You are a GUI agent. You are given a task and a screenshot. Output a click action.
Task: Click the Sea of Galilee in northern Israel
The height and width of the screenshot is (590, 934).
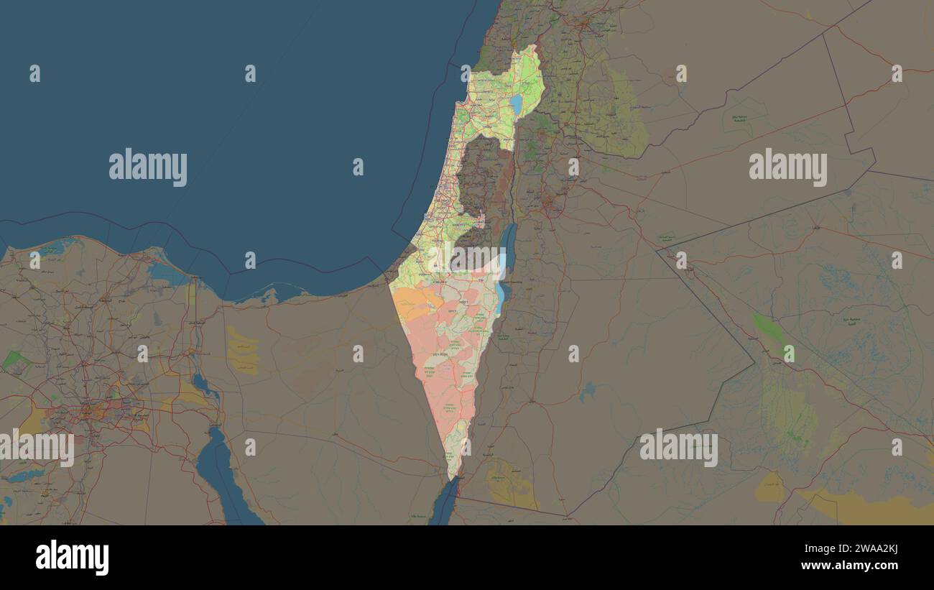[516, 105]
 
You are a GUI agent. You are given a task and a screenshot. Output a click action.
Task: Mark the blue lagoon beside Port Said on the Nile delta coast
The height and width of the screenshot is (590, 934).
[167, 273]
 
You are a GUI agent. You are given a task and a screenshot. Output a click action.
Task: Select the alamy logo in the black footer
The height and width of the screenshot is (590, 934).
[72, 557]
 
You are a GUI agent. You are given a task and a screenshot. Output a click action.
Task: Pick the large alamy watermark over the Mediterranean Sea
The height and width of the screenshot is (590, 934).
[148, 167]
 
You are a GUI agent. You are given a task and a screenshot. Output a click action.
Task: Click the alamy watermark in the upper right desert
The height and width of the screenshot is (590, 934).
[787, 167]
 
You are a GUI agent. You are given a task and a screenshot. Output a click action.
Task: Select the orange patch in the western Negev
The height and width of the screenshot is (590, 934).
[413, 302]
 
